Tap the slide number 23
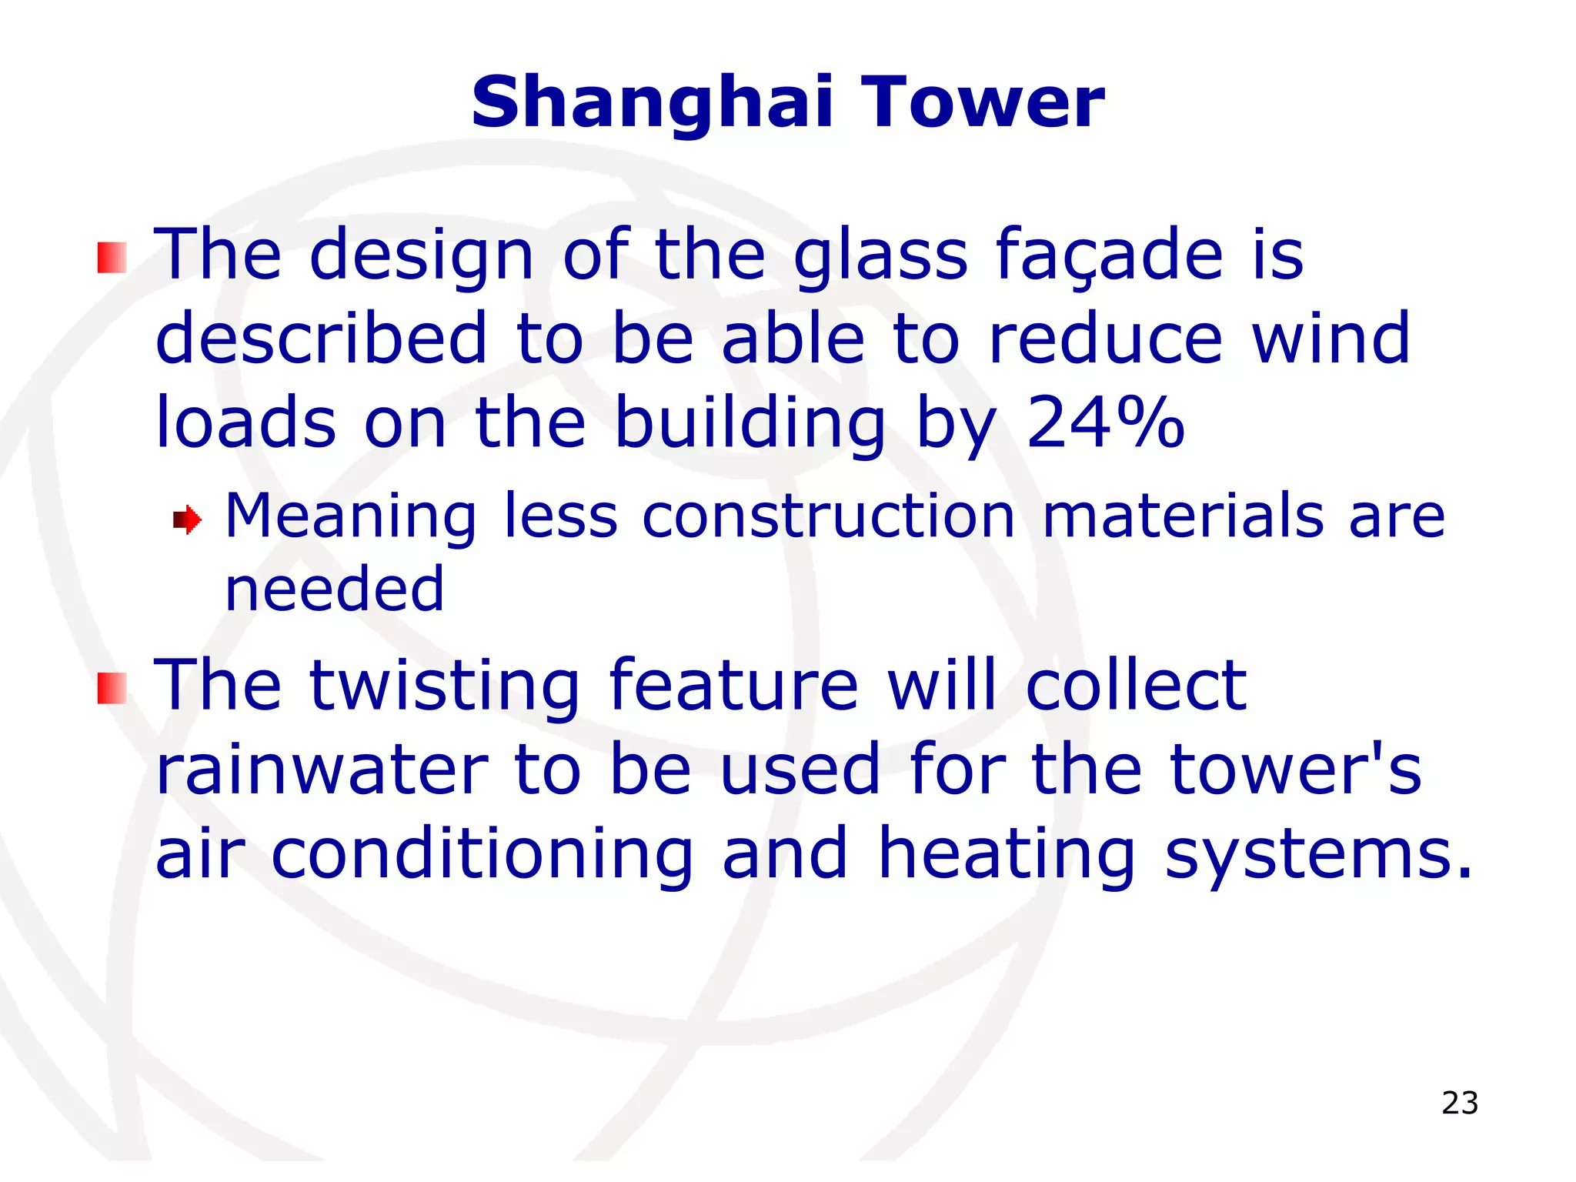pos(1460,1103)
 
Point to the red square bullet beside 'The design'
pos(112,258)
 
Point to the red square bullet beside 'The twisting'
pos(112,688)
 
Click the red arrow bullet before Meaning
pos(187,520)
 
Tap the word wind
pos(1331,339)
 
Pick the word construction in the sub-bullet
pos(828,516)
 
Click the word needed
pos(334,589)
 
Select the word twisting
pos(444,686)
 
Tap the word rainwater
pos(322,770)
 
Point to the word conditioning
pos(482,854)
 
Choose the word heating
pos(1007,854)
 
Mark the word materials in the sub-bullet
pos(1183,516)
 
